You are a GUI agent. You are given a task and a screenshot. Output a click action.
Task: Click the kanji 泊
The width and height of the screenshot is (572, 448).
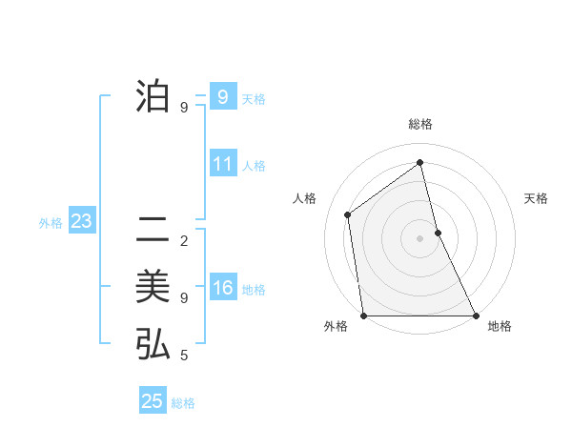(x=153, y=96)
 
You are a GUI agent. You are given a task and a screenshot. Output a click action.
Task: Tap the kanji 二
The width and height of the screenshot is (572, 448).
(x=153, y=230)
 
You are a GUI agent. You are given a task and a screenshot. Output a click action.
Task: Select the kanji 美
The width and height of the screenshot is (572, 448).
(x=153, y=287)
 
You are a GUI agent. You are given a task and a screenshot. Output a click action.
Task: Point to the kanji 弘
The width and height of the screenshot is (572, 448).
(x=153, y=344)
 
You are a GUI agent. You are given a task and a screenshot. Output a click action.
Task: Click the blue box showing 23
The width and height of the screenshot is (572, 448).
(x=81, y=222)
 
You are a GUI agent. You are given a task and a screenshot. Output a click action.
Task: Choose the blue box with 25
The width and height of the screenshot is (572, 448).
(x=153, y=401)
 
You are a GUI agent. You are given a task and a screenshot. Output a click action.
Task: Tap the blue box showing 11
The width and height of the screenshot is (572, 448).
(x=223, y=164)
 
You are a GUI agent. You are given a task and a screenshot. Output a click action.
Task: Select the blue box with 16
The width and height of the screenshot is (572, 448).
(x=223, y=288)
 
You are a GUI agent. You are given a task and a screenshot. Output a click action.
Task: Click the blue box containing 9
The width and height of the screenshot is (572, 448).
(x=223, y=97)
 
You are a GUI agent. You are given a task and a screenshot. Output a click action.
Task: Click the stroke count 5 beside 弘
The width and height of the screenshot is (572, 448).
(x=184, y=356)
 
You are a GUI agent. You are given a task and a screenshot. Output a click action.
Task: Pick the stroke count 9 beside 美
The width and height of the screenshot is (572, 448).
(x=184, y=298)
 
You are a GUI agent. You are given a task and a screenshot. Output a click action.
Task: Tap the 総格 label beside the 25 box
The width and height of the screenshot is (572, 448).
(x=183, y=403)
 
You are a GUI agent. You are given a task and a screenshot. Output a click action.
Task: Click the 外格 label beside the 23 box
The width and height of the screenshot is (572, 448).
(x=51, y=223)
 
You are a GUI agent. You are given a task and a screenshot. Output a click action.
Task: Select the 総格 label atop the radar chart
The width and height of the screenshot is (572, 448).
(x=419, y=124)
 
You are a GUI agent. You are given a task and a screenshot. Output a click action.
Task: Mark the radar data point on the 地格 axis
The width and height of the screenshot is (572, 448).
(x=476, y=316)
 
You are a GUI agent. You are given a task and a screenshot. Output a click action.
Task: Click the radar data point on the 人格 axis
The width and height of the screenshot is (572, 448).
(x=348, y=214)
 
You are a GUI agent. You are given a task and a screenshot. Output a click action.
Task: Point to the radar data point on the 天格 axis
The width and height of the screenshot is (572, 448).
(x=438, y=233)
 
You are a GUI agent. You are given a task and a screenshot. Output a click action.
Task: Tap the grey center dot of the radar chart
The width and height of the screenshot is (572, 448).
(x=419, y=238)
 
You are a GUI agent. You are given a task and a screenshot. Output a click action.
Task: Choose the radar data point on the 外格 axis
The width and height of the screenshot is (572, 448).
(x=363, y=316)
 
